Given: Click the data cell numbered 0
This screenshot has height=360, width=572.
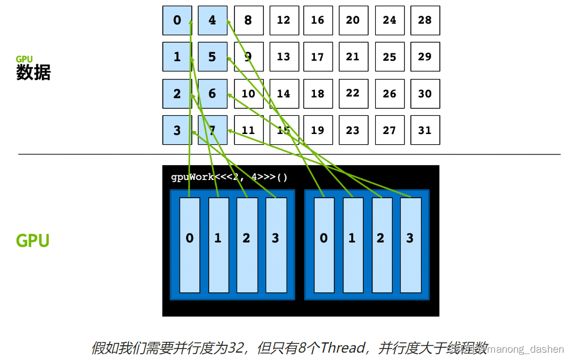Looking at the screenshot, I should click(177, 20).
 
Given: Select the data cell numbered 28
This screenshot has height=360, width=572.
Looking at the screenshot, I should click(425, 20).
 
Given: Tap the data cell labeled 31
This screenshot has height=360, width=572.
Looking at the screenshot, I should click(425, 130).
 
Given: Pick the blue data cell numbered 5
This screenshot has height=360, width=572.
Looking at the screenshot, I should click(212, 57).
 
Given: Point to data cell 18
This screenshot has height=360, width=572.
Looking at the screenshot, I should click(318, 94).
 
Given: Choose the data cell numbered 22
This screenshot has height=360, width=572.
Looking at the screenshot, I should click(353, 94).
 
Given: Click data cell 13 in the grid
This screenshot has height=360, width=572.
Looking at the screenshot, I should click(284, 57).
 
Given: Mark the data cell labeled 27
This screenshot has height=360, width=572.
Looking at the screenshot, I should click(389, 130).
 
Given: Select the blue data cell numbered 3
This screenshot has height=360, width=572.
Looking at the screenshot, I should click(177, 130).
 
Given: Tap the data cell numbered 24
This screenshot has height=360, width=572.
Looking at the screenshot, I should click(389, 20).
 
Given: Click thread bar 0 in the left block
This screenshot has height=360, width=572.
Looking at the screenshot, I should click(190, 245).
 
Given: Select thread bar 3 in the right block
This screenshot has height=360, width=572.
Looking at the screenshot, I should click(410, 245).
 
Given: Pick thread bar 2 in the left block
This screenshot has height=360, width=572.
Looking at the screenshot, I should click(246, 245).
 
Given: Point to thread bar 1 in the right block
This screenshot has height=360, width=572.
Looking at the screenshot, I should click(352, 245).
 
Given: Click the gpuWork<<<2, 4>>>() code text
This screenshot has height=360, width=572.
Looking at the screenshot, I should click(229, 177).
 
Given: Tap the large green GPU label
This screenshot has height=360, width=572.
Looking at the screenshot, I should click(32, 241).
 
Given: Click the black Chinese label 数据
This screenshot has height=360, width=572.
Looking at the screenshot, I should click(33, 72).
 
